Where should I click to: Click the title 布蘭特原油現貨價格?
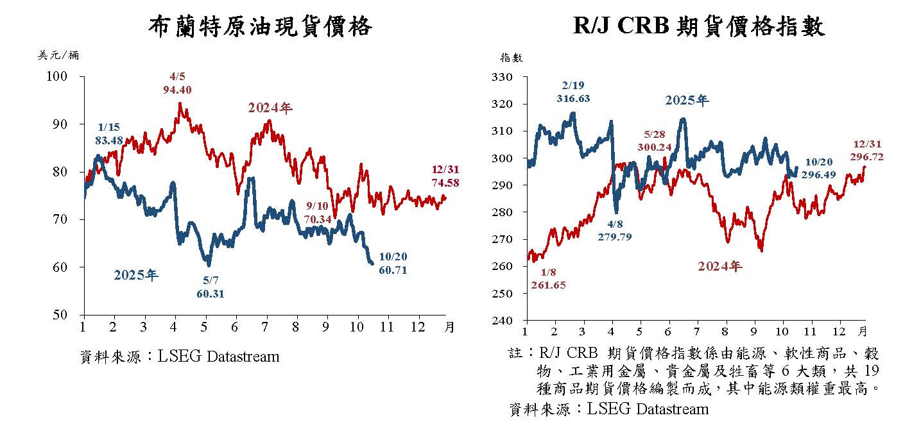coord(260,26)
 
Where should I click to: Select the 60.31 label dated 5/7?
coord(211,294)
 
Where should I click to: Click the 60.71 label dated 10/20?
coord(393,269)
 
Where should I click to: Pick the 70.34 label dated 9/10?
coord(318,219)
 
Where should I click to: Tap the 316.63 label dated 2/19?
coord(573,98)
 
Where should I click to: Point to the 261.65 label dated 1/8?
coord(549,285)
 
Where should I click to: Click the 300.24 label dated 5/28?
coord(655,146)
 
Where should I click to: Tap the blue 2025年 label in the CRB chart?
coord(687,101)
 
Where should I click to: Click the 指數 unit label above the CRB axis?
coord(512,58)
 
